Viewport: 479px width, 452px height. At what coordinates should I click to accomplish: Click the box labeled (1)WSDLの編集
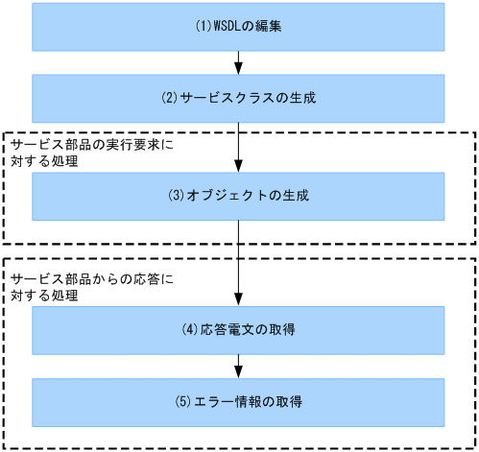pos(238,27)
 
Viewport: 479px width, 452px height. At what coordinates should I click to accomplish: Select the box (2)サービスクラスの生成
pos(238,99)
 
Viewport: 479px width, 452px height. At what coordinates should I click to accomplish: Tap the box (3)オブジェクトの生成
pos(238,196)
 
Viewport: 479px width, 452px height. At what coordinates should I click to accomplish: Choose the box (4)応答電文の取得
pos(238,330)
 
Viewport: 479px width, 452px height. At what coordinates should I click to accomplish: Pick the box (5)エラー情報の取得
pos(238,402)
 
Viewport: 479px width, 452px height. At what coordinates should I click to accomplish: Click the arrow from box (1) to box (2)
pos(238,63)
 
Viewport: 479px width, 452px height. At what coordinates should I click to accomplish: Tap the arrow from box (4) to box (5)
pos(238,367)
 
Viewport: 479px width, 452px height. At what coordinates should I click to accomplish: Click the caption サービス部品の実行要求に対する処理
pos(71,153)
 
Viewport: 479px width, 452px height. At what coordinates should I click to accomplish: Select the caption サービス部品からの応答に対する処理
pos(71,287)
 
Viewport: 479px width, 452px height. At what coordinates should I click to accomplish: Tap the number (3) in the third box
pos(175,196)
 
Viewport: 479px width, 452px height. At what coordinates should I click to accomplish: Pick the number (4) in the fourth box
pos(190,330)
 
